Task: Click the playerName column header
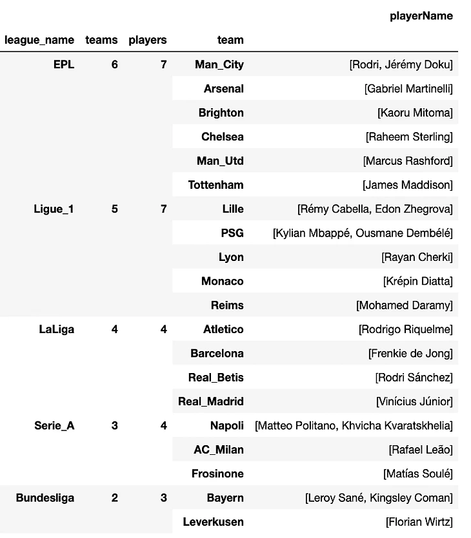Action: pos(421,16)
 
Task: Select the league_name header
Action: pos(39,40)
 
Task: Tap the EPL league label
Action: pos(63,64)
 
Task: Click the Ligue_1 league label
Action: pos(54,209)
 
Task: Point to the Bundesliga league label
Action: pos(45,497)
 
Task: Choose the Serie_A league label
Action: pos(54,425)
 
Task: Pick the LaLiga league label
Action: pos(56,329)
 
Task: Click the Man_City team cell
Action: pos(219,64)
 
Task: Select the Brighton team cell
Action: pos(221,113)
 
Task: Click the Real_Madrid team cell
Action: pos(210,401)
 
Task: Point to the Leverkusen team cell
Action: pos(213,521)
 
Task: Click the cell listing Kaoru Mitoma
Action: pos(415,113)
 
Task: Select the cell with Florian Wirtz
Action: pos(419,521)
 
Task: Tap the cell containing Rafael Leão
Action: pos(420,449)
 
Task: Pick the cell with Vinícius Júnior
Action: pos(414,401)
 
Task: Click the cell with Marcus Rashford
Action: pos(408,160)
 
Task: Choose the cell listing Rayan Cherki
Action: pos(417,257)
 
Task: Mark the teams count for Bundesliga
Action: pos(114,497)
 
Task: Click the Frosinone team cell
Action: pos(217,474)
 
